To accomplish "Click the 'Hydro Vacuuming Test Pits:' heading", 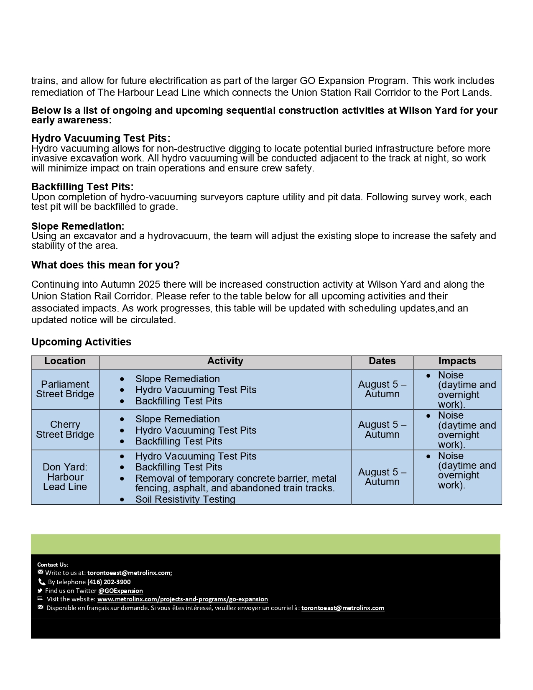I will coord(101,138).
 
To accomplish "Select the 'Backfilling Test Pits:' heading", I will coord(82,187).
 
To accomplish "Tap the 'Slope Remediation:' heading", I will coord(78,226).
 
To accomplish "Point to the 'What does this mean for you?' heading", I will coord(105,265).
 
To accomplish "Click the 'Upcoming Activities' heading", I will coord(81,342).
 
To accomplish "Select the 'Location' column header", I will coord(65,361).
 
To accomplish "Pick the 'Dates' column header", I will coord(382,361).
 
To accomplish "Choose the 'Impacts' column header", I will coord(457,361).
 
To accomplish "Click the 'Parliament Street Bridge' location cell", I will coord(65,389).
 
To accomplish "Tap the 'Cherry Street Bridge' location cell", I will coord(65,429).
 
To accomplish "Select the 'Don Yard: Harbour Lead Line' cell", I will coord(65,477).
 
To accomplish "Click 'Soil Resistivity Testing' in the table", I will coord(185,499).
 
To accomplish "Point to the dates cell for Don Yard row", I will coord(382,477).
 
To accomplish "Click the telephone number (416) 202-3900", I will coord(109,582).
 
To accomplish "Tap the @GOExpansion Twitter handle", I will coord(120,591).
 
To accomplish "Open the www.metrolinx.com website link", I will coord(183,599).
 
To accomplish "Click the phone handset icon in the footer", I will coord(41,582).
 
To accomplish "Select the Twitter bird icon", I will coord(40,590).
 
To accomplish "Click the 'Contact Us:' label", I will coord(53,565).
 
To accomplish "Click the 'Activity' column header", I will coord(225,361).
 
